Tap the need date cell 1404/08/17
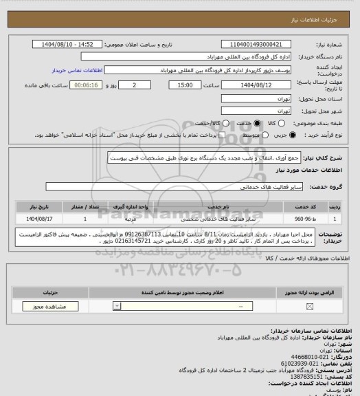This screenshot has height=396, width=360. (33, 219)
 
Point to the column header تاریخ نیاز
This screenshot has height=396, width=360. (33, 206)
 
